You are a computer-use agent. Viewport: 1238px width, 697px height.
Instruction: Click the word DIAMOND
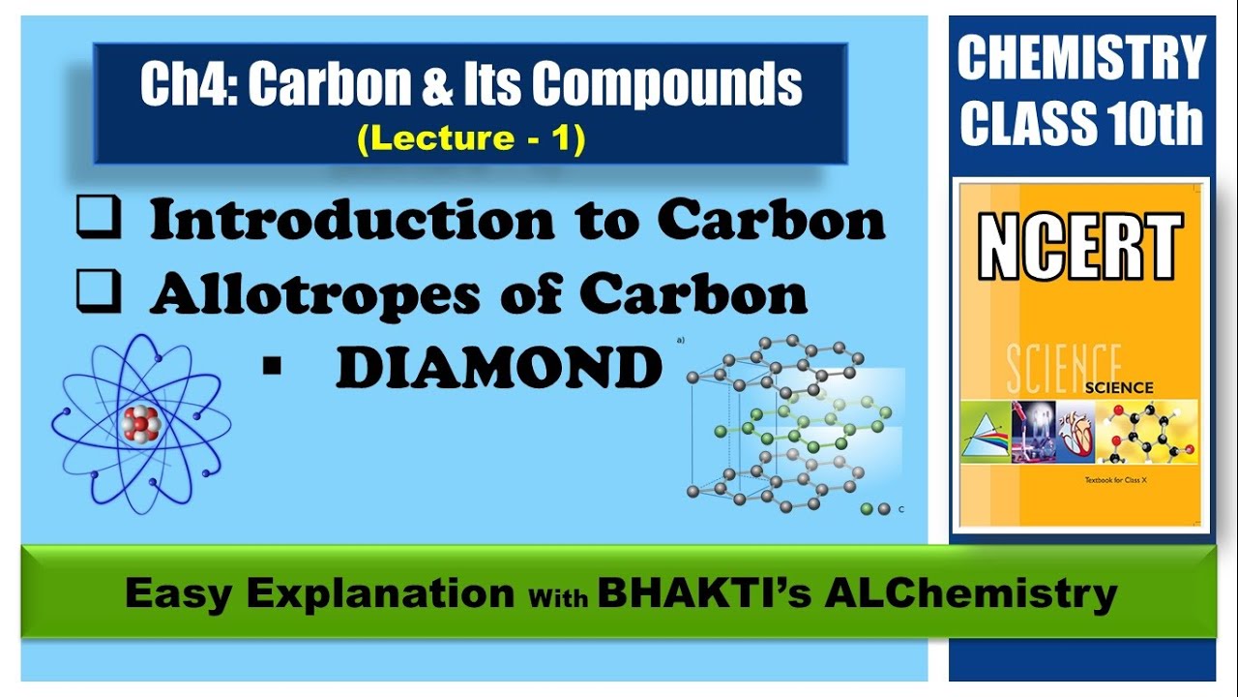(x=499, y=368)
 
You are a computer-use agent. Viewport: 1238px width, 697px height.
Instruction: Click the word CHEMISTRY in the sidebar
(x=1081, y=60)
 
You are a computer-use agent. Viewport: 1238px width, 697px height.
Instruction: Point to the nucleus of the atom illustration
(x=140, y=424)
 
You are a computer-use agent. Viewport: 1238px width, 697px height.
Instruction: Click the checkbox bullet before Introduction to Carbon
(x=98, y=222)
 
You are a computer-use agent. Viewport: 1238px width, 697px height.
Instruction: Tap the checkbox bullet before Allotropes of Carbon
(x=98, y=292)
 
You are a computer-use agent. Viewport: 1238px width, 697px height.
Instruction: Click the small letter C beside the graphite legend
(x=901, y=508)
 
